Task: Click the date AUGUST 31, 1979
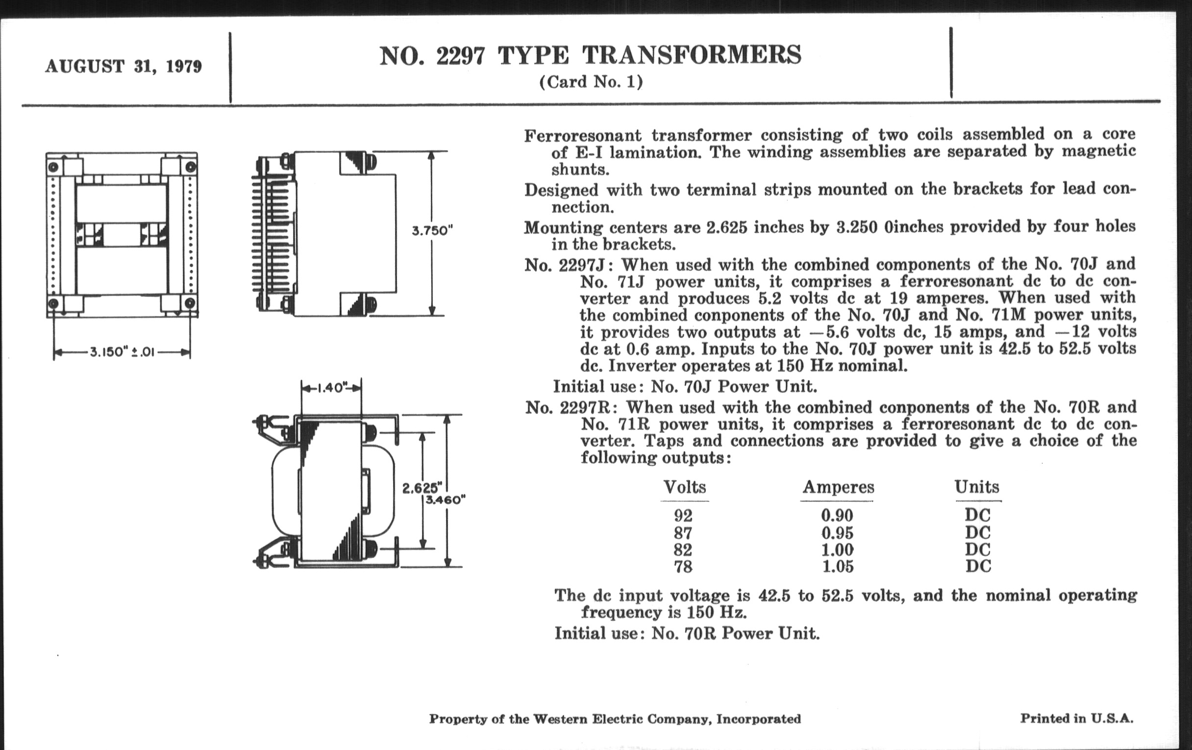[123, 66]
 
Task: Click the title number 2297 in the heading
[460, 55]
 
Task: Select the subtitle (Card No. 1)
[591, 82]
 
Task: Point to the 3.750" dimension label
[433, 231]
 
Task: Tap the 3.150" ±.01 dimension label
[122, 352]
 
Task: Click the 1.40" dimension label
[331, 388]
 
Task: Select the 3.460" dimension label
[446, 500]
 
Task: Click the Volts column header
[685, 487]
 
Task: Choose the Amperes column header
[838, 487]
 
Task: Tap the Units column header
[977, 487]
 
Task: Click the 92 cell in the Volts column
[683, 516]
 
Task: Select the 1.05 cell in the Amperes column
[838, 566]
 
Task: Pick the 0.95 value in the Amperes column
[838, 533]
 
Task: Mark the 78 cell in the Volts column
[683, 566]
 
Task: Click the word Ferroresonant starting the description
[583, 136]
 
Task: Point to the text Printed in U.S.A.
[1076, 718]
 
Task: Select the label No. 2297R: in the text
[571, 408]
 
